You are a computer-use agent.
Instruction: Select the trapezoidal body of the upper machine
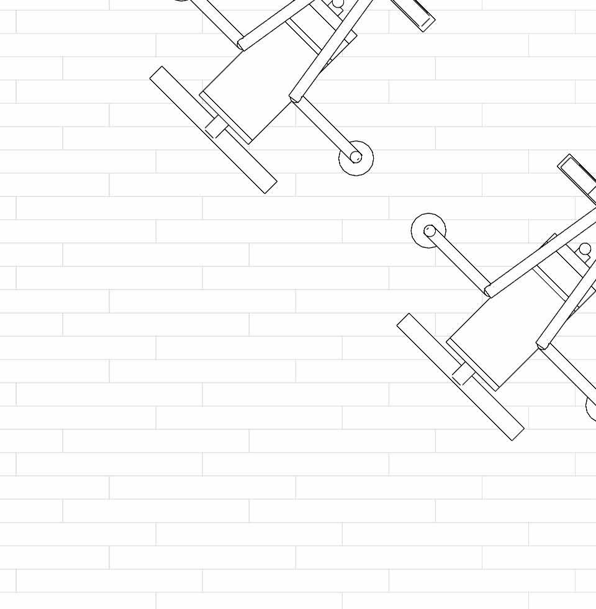[x=255, y=87]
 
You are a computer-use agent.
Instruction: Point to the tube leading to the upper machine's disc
[x=323, y=128]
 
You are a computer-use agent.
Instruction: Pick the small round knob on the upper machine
[x=338, y=5]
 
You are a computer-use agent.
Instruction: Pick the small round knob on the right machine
[x=585, y=250]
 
